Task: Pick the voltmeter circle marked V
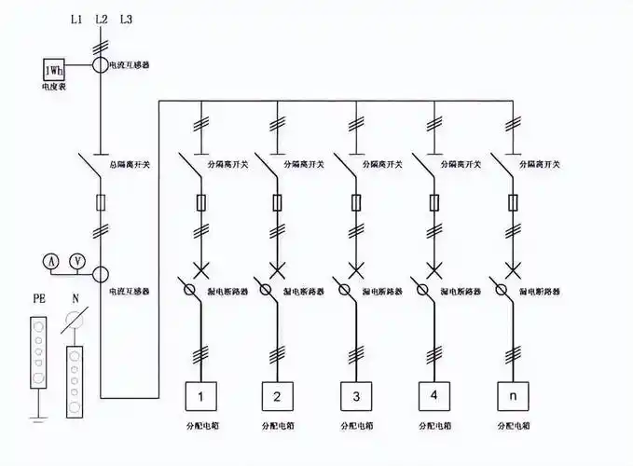click(x=78, y=260)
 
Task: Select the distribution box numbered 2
click(x=277, y=397)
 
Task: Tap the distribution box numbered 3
click(x=355, y=397)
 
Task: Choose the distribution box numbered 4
click(x=433, y=397)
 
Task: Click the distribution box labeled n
click(x=511, y=397)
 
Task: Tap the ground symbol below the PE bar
click(x=38, y=410)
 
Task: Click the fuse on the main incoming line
click(x=101, y=201)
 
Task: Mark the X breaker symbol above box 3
click(x=355, y=270)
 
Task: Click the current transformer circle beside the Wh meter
click(x=101, y=65)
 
